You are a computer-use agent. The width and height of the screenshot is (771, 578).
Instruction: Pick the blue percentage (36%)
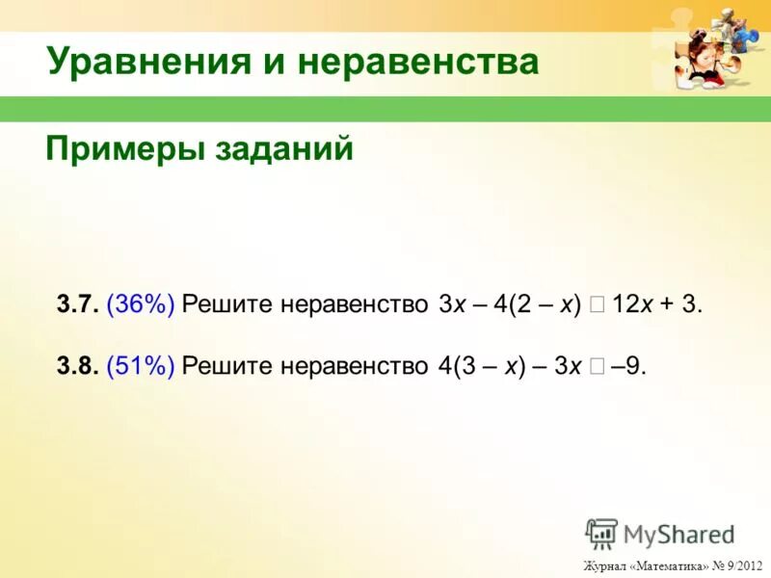(x=141, y=305)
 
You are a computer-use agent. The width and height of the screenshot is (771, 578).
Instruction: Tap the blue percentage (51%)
(x=141, y=366)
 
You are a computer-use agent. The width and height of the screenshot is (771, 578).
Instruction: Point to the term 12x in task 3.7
(x=633, y=305)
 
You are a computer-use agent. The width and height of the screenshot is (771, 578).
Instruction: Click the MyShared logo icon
(x=601, y=534)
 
